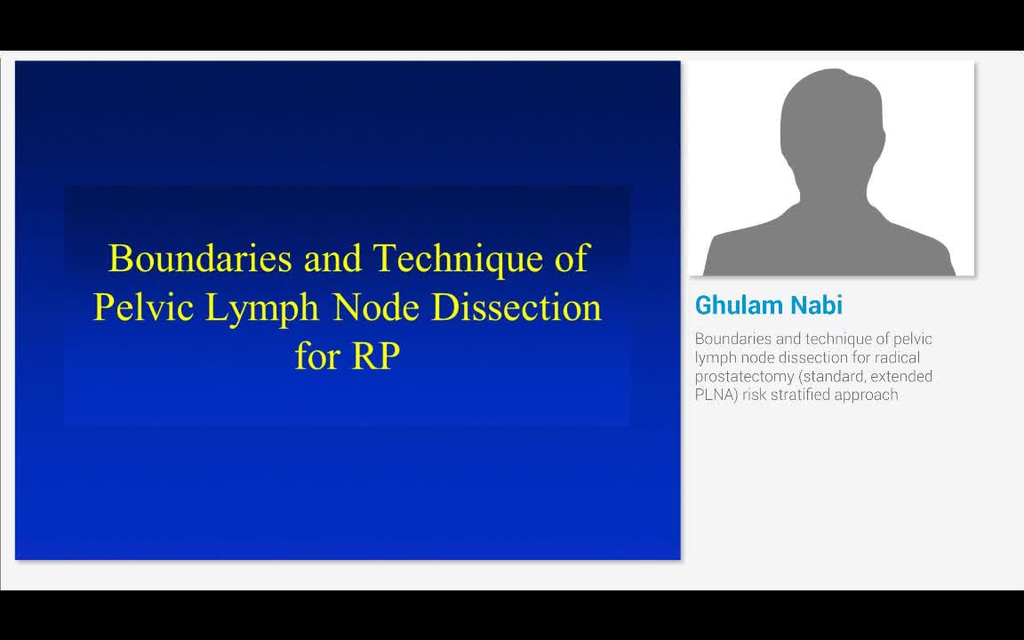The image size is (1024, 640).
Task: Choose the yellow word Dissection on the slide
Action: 516,308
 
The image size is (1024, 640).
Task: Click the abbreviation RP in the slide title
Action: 376,356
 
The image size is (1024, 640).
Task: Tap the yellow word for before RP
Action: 316,356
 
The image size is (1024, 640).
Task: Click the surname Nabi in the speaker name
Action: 818,306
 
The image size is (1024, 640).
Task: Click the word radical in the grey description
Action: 908,357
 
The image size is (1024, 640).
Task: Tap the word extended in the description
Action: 901,376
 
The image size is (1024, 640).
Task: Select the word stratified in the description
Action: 798,395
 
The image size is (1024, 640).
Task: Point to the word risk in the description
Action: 757,395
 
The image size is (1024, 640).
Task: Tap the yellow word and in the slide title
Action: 332,259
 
